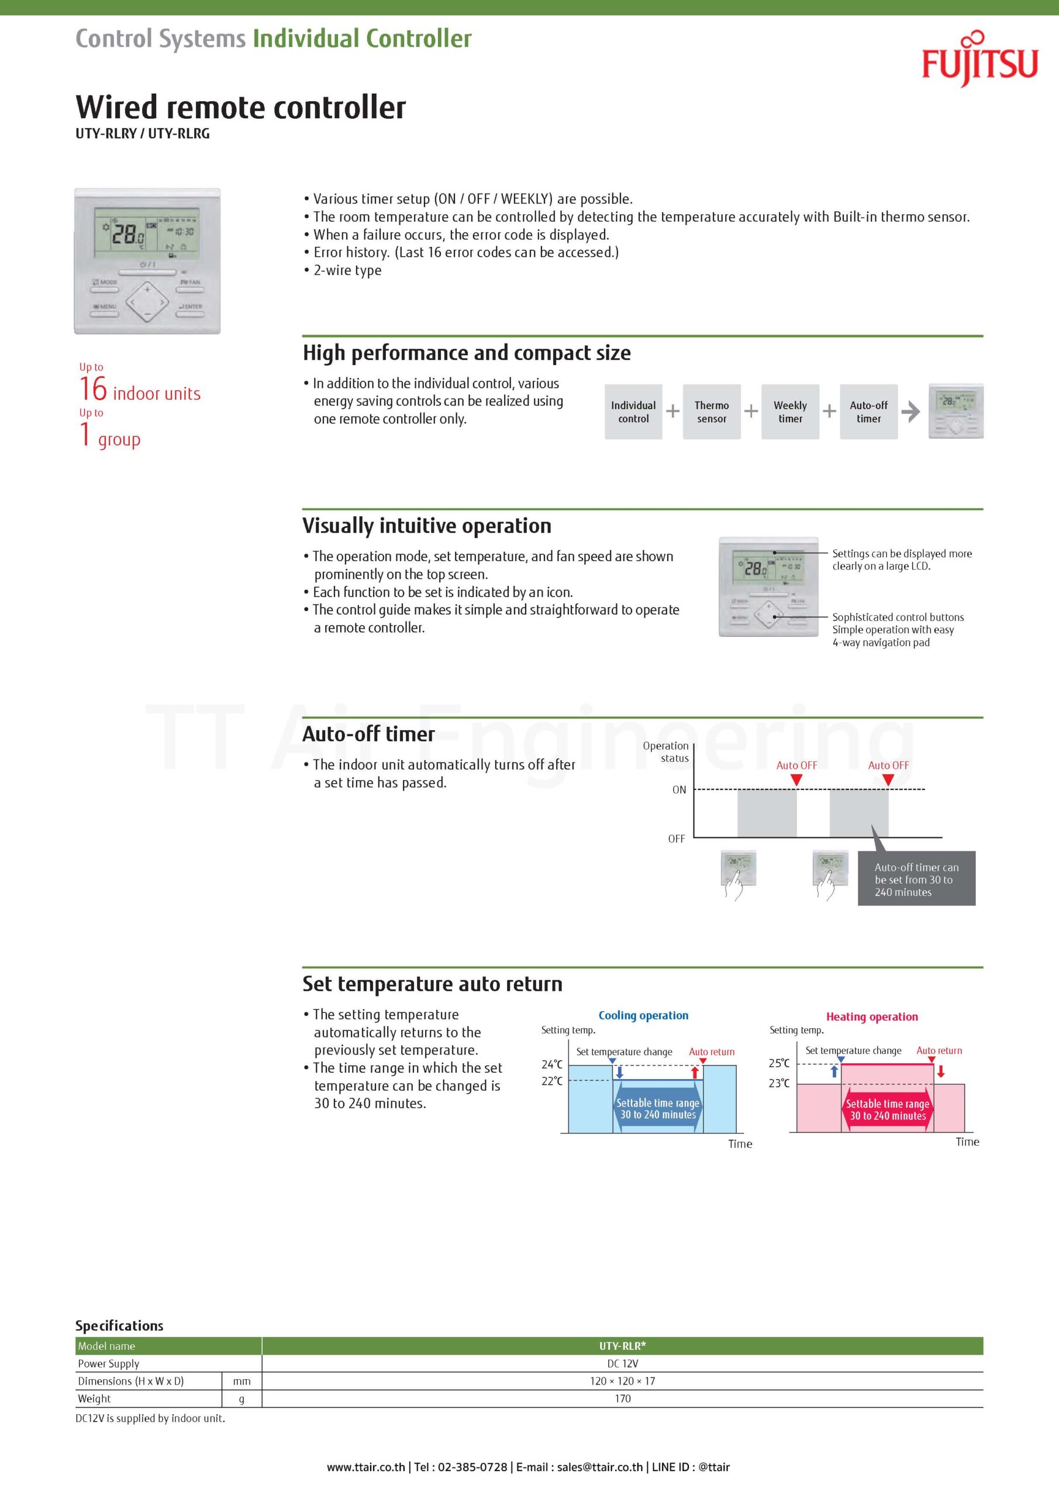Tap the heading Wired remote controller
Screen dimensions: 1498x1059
240,107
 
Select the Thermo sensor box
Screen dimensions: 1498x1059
712,412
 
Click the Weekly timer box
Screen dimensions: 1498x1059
789,412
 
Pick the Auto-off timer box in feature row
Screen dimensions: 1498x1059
868,412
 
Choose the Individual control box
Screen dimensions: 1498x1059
633,412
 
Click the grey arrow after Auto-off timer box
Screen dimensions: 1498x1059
910,412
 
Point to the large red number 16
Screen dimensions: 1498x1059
92,389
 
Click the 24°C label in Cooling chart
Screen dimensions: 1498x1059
551,1064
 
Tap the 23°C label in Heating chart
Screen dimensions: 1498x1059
778,1083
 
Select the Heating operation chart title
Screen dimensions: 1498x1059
872,1016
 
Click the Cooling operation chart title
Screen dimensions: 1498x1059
643,1015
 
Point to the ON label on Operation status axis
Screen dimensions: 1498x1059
679,789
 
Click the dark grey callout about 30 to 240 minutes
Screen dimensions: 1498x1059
916,879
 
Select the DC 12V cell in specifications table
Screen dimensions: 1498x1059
622,1363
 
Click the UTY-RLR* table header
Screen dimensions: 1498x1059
622,1345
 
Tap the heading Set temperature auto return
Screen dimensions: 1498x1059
432,984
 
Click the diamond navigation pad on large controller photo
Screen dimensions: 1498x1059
147,302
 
